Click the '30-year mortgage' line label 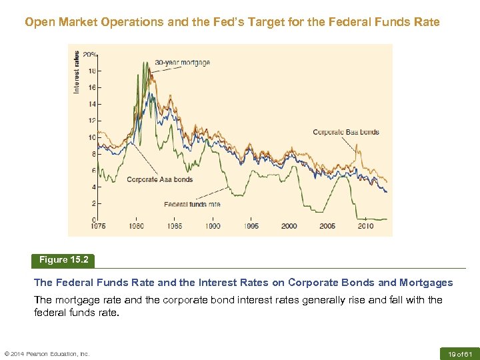point(182,63)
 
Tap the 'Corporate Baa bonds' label point(345,132)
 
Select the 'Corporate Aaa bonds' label point(159,179)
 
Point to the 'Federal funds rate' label point(192,204)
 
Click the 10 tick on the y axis point(92,137)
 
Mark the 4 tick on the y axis point(93,187)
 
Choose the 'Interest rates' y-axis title point(77,72)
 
